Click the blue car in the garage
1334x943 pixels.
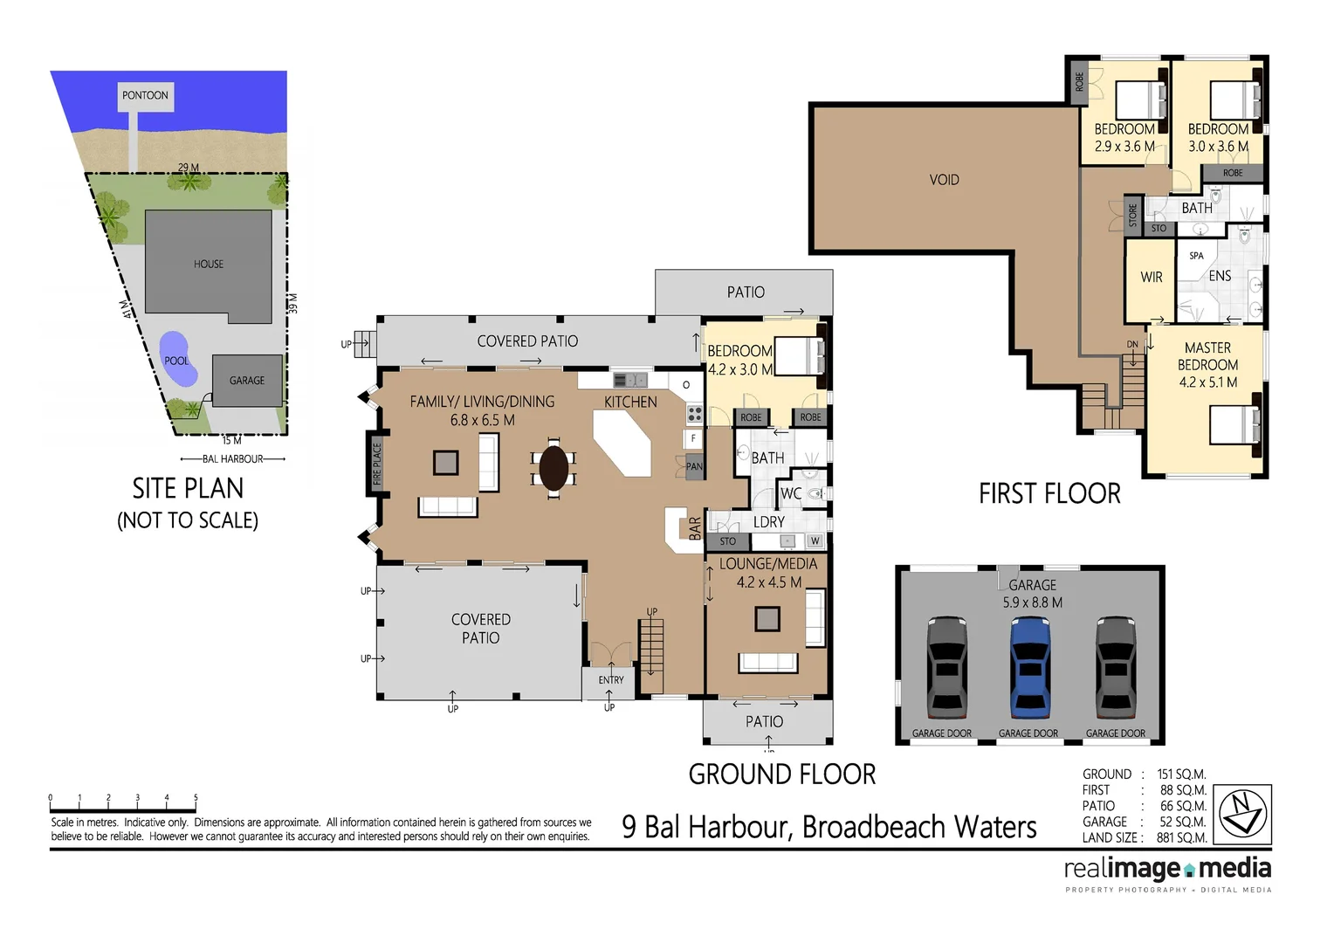pyautogui.click(x=1030, y=668)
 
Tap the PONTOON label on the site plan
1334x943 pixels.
pyautogui.click(x=145, y=95)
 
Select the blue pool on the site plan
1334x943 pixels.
pyautogui.click(x=176, y=359)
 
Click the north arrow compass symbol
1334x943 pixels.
pyautogui.click(x=1244, y=812)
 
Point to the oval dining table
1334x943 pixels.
pyautogui.click(x=554, y=468)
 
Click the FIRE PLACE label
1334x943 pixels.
pyautogui.click(x=377, y=464)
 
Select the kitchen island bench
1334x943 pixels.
pyautogui.click(x=623, y=443)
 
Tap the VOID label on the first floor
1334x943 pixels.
pyautogui.click(x=944, y=180)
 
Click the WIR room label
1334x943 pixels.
pyautogui.click(x=1151, y=277)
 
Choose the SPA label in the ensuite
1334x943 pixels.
pyautogui.click(x=1196, y=256)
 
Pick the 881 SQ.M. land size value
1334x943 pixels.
pyautogui.click(x=1181, y=837)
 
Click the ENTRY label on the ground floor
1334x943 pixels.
pyautogui.click(x=611, y=679)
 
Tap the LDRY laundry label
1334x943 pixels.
pyautogui.click(x=768, y=521)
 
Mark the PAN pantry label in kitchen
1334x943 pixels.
pyautogui.click(x=694, y=466)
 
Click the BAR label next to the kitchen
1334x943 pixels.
pyautogui.click(x=695, y=528)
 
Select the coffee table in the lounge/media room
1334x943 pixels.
pyautogui.click(x=767, y=618)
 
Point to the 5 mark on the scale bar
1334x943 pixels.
pyautogui.click(x=196, y=798)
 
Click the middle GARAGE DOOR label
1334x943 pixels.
pyautogui.click(x=1028, y=733)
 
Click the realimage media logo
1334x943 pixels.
pyautogui.click(x=1167, y=869)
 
